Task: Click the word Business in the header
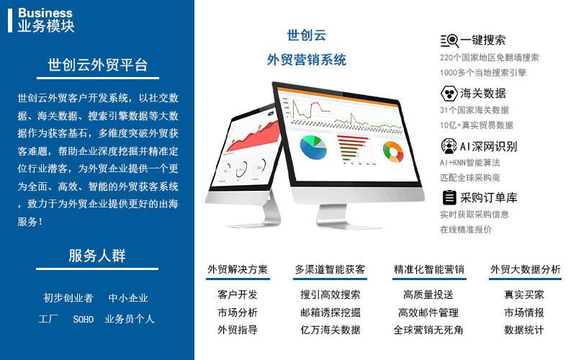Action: (45, 13)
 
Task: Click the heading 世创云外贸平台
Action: (97, 65)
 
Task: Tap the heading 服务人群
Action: (97, 256)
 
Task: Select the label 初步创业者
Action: (68, 297)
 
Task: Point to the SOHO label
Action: (84, 319)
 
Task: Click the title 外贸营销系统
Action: (306, 60)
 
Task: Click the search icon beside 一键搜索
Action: (449, 40)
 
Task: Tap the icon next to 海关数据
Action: (449, 93)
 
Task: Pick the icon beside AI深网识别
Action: (449, 145)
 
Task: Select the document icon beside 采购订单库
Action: (449, 197)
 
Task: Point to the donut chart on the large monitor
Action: (392, 150)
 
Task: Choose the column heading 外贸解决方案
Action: (238, 270)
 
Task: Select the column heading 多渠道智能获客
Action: (330, 270)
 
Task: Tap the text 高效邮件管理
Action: (428, 312)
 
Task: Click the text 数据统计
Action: (524, 330)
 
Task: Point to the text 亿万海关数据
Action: (330, 330)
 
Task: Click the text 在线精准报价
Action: (466, 230)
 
